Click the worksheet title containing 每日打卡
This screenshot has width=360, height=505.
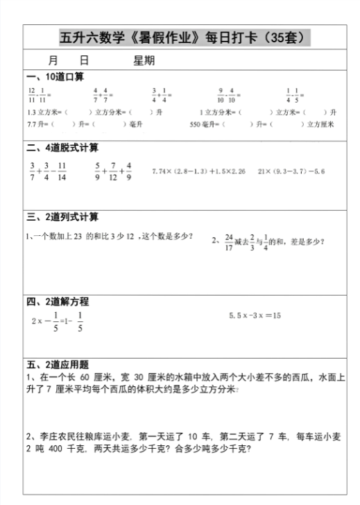tap(185, 37)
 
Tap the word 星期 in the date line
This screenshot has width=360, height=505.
tap(144, 61)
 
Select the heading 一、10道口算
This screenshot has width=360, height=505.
tap(55, 76)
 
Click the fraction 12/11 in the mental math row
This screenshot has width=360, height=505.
tap(31, 94)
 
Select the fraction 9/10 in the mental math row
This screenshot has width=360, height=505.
tap(220, 94)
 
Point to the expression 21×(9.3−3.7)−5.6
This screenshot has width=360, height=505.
tap(291, 171)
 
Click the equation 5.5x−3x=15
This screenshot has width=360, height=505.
tap(255, 316)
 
